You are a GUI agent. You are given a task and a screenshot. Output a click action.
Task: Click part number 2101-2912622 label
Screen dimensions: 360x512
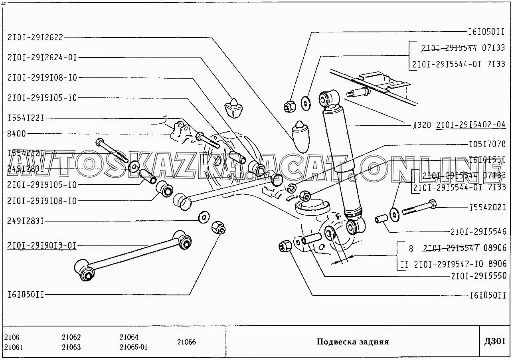point(36,37)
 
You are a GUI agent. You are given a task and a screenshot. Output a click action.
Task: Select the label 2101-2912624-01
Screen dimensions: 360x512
point(42,57)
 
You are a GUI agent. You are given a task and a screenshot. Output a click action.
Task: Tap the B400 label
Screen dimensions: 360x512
point(17,133)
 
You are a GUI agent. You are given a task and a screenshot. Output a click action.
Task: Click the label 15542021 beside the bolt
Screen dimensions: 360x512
point(487,207)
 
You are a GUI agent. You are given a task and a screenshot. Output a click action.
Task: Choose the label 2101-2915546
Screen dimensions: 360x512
point(478,231)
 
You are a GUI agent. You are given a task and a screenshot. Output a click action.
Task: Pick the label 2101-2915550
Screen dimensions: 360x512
point(478,275)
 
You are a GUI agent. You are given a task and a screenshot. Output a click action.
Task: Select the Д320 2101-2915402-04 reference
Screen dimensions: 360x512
point(459,125)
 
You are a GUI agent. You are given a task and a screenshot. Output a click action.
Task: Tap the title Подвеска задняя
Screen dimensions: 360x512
point(352,342)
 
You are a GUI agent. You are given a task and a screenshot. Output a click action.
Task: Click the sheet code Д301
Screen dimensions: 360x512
point(494,341)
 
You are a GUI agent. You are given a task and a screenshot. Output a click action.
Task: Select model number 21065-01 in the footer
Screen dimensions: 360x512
point(134,347)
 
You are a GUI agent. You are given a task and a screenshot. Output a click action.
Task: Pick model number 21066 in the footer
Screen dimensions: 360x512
point(186,342)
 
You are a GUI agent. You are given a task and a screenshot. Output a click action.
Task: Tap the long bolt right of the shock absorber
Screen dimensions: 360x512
point(419,208)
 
